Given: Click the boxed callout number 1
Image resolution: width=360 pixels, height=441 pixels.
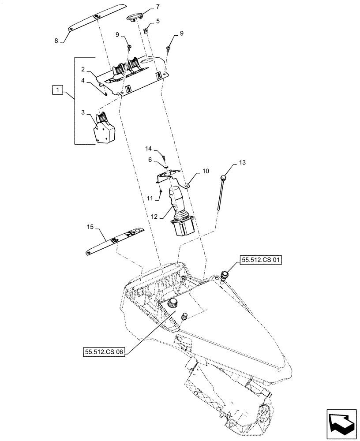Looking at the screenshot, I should [x=56, y=91].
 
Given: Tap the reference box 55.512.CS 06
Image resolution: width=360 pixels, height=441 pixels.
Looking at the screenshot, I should [x=104, y=352].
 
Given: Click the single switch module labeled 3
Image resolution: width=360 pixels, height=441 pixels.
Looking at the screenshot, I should [x=103, y=128].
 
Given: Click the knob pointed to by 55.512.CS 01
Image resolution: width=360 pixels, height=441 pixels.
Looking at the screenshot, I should [x=226, y=275].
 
